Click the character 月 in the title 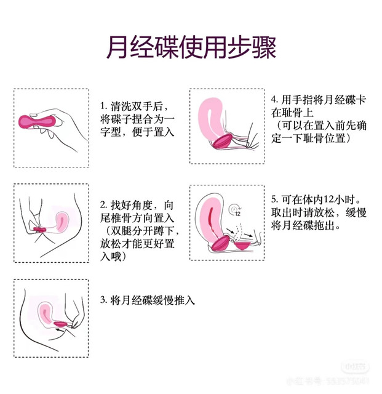117,47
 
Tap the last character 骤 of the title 265,47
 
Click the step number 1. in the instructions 104,107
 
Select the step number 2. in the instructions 104,205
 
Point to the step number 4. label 275,100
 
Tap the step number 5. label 275,199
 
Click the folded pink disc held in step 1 38,122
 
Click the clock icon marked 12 235,210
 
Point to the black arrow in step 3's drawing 59,330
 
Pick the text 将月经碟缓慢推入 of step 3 153,300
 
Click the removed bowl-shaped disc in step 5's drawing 242,246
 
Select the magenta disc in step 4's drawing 222,142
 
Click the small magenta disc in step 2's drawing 40,229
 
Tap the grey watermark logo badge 355,367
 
